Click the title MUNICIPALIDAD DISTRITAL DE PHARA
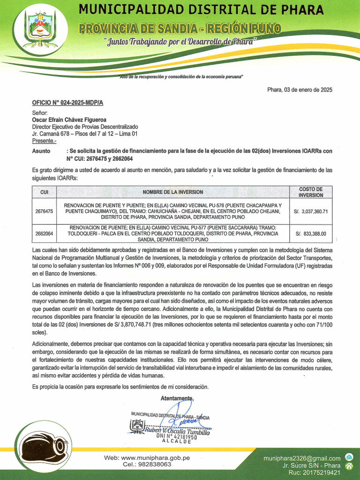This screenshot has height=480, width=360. (201, 10)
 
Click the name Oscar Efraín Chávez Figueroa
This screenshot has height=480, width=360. (69, 120)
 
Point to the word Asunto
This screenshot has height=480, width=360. (41, 151)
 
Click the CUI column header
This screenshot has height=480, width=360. (45, 192)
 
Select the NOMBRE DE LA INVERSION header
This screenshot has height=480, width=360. (173, 192)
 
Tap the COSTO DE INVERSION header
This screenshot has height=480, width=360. (311, 192)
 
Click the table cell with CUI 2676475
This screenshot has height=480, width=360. (45, 211)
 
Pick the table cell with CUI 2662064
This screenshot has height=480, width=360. (45, 233)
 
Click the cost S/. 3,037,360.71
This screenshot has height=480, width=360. (311, 211)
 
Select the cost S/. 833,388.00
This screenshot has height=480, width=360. (311, 233)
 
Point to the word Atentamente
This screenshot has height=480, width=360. (177, 398)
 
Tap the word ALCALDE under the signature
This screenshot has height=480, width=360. (177, 442)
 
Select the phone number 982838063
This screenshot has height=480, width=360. (154, 465)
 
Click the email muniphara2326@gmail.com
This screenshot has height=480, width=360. (302, 458)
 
